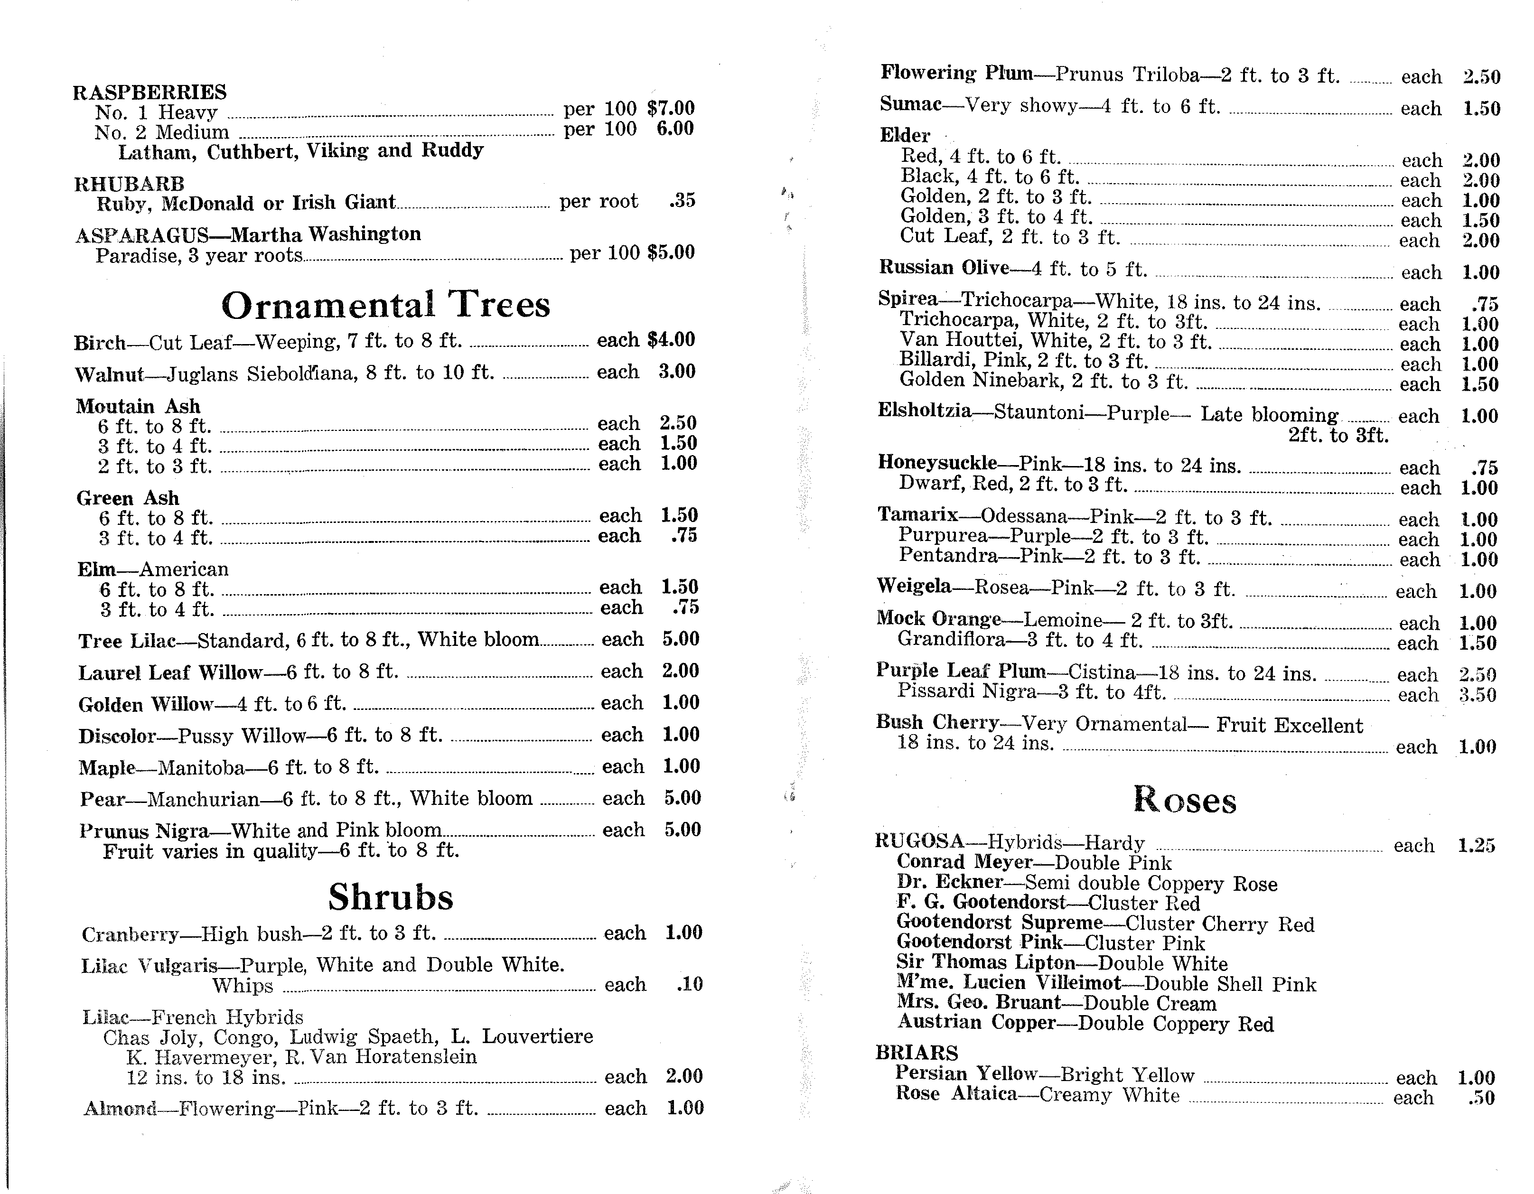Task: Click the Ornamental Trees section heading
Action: click(385, 305)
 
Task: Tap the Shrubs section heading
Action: click(391, 897)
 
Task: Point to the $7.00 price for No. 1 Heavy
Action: click(671, 108)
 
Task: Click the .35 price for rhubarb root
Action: click(682, 200)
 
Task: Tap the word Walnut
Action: click(109, 373)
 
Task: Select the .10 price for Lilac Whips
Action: click(689, 984)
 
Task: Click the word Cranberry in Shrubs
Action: click(130, 934)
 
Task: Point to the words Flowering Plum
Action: click(956, 73)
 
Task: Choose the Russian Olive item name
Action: click(943, 268)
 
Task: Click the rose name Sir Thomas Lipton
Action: click(985, 962)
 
